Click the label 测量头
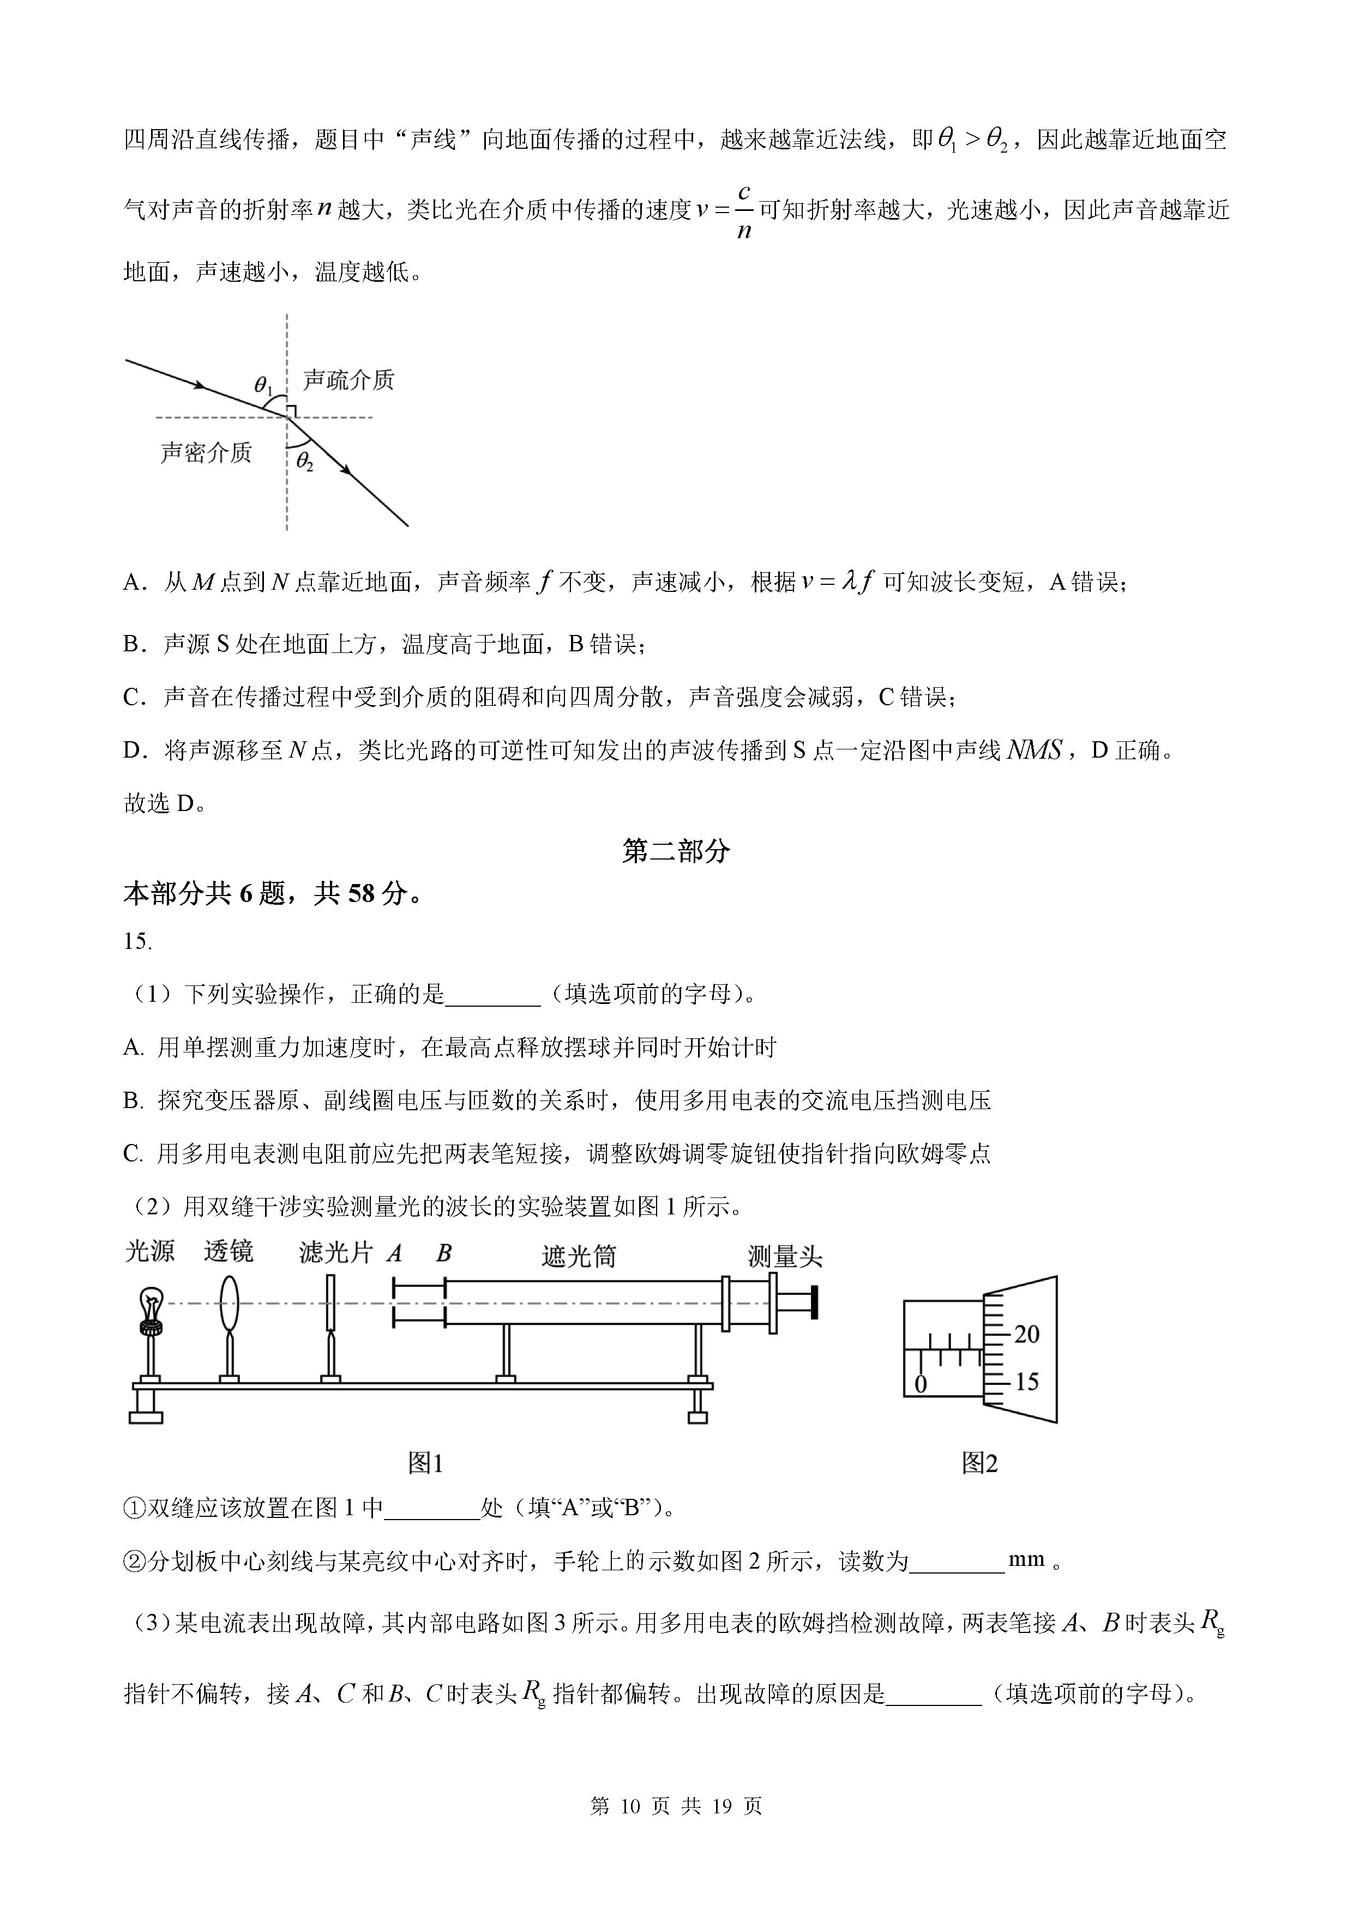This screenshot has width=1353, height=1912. pyautogui.click(x=784, y=1256)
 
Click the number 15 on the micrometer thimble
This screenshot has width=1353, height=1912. pyautogui.click(x=1026, y=1382)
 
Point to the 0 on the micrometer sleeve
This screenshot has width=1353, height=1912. pyautogui.click(x=921, y=1384)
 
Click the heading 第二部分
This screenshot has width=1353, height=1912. pyautogui.click(x=676, y=851)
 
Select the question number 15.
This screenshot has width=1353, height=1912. pyautogui.click(x=137, y=941)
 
